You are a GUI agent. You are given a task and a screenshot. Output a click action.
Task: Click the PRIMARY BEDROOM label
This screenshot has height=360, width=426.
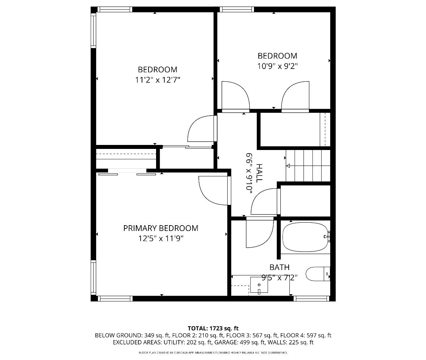click(x=160, y=228)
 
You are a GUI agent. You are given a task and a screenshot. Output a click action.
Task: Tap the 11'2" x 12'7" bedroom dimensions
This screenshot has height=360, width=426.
click(x=158, y=80)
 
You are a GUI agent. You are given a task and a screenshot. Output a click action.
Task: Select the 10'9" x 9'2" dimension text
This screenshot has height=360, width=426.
click(x=277, y=66)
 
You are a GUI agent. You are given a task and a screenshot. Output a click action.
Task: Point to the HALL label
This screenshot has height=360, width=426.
click(x=259, y=173)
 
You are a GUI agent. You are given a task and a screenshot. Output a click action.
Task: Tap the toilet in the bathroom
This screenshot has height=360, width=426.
click(x=318, y=274)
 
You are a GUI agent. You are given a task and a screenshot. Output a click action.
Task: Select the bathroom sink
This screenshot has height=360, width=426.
click(x=259, y=285)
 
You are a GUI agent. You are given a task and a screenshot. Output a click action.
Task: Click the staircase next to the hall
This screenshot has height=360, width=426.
click(x=308, y=166)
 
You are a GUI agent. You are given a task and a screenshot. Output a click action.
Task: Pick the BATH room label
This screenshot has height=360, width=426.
click(x=279, y=267)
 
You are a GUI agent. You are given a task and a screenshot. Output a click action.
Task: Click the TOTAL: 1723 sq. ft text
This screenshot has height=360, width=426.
click(x=213, y=328)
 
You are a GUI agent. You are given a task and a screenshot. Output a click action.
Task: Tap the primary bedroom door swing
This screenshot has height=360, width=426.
click(x=215, y=191)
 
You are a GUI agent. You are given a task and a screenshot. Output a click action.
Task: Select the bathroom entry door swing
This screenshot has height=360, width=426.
click(x=259, y=232)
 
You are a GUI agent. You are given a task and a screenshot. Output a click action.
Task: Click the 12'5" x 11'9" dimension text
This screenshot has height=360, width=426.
click(x=161, y=239)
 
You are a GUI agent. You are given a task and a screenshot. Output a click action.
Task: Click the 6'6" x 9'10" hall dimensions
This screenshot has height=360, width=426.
click(x=249, y=173)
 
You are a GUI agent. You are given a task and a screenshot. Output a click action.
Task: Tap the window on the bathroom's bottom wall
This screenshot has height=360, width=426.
click(x=311, y=299)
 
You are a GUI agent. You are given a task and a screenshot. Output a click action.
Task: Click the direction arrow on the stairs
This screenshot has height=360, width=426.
click(x=288, y=166)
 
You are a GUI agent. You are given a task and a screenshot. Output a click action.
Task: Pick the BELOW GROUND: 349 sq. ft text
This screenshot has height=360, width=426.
click(x=132, y=335)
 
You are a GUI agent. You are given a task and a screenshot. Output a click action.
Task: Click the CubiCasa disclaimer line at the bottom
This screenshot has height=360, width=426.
click(x=213, y=353)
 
